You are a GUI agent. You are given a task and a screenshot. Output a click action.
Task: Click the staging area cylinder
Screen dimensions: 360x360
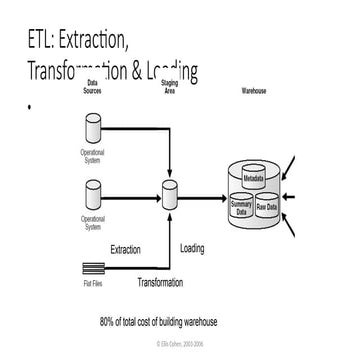click(169, 192)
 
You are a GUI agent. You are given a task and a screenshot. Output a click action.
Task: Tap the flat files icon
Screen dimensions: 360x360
click(92, 269)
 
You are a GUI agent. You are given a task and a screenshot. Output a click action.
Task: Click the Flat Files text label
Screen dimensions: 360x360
click(92, 283)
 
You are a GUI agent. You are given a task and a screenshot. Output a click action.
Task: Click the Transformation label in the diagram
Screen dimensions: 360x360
click(160, 283)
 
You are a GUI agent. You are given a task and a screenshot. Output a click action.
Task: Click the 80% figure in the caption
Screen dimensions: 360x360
click(109, 321)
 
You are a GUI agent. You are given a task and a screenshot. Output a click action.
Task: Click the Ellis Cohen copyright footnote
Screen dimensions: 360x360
click(180, 341)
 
